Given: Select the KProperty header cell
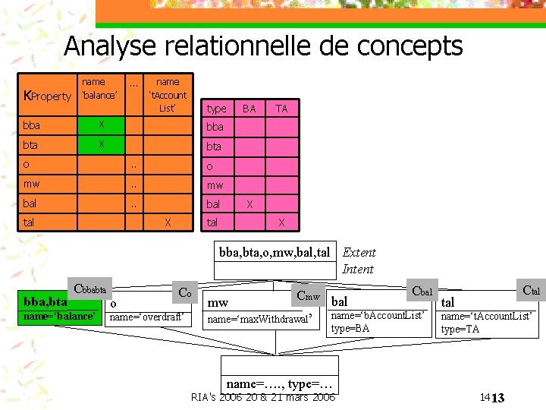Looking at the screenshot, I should click(x=48, y=96).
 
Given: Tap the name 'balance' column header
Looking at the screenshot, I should click(x=99, y=88).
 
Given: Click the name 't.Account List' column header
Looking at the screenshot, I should click(x=168, y=94).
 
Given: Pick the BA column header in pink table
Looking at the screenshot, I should click(x=249, y=109).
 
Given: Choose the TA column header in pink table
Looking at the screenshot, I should click(x=281, y=109).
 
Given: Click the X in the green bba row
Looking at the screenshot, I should click(x=100, y=125).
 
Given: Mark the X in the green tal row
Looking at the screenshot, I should click(x=168, y=222).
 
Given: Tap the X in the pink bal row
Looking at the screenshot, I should click(x=249, y=203).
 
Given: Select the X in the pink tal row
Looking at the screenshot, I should click(x=281, y=222).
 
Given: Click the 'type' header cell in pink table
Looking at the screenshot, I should click(x=216, y=109).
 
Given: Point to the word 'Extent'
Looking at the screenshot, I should click(x=359, y=253).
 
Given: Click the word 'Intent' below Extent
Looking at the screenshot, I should click(x=357, y=269).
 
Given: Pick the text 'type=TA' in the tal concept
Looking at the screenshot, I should click(x=460, y=329).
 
